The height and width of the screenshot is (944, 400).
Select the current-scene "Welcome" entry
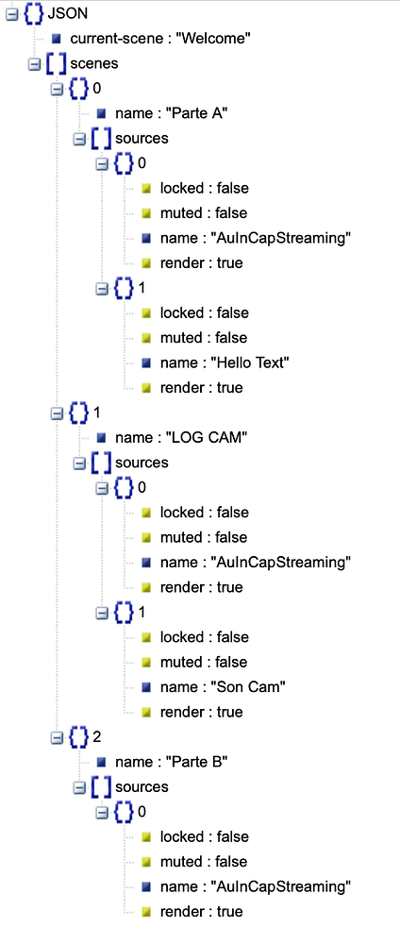click(159, 39)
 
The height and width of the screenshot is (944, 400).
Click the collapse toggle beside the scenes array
click(35, 64)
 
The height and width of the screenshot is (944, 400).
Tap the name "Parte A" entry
click(169, 113)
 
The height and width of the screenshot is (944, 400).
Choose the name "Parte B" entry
click(169, 762)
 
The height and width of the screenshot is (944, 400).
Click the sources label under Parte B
click(142, 786)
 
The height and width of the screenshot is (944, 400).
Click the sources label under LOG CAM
click(142, 463)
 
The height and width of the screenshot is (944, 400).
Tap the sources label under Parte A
click(142, 138)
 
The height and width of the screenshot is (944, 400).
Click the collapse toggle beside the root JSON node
click(12, 14)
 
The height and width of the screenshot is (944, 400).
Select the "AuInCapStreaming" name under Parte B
click(255, 886)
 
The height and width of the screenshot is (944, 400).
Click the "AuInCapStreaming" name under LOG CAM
click(255, 563)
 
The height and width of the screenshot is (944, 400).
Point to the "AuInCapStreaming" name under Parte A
click(255, 238)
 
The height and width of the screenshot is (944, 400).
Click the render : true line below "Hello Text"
click(201, 387)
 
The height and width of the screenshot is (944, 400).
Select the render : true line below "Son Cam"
click(201, 712)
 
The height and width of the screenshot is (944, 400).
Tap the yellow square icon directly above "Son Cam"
click(146, 662)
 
